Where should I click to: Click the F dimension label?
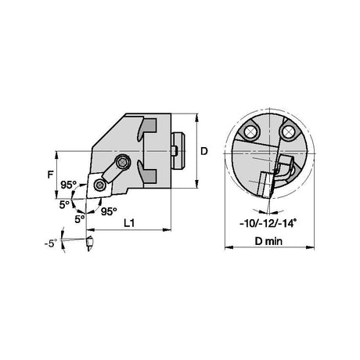51,174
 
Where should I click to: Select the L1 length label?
129,223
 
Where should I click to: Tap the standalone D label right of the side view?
204,151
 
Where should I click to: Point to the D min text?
268,241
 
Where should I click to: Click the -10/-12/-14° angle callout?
268,223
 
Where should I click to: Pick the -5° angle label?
50,243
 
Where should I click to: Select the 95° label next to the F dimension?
68,185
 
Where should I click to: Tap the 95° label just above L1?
109,211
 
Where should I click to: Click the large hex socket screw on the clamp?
122,163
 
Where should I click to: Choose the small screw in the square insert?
99,185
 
